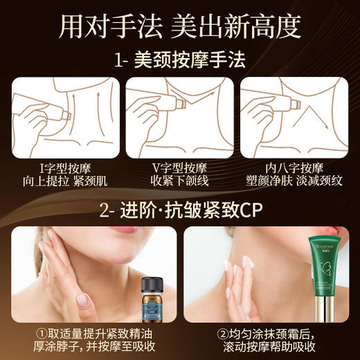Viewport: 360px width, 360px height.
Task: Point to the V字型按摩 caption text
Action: [x=180, y=168]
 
